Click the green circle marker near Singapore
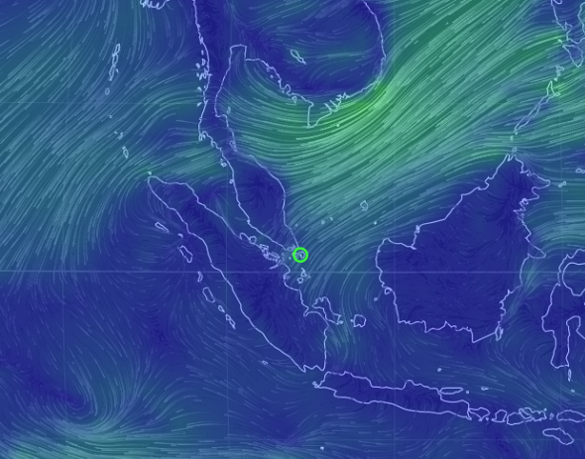(300, 255)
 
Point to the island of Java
(397, 389)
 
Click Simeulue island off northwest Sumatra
(161, 227)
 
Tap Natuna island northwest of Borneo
(364, 206)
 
